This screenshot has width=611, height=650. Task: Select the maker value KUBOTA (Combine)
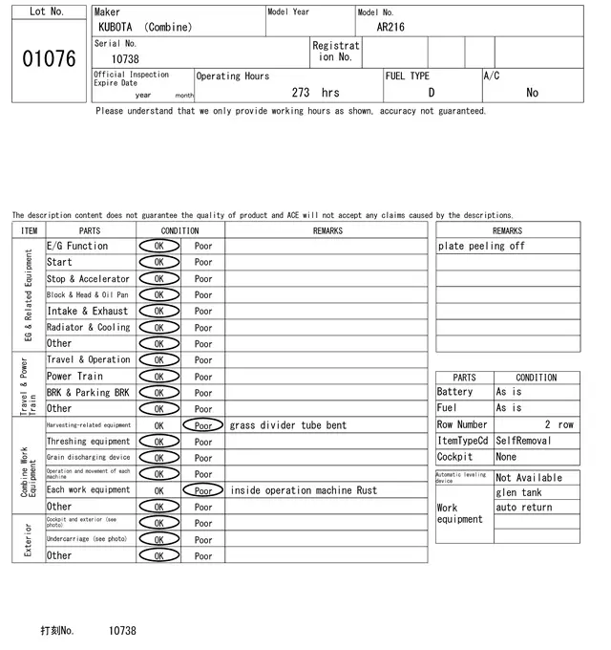coord(144,27)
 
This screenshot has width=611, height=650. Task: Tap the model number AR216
coord(390,27)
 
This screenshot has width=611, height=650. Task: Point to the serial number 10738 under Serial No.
coord(125,59)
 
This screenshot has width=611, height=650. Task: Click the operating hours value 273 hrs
coord(315,93)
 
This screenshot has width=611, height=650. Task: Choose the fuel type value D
coord(431,93)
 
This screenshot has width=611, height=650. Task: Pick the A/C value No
coord(532,93)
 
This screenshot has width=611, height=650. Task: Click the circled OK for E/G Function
coord(158,247)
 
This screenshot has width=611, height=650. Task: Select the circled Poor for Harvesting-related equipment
coord(203,425)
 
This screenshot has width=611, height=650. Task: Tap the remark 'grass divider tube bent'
coord(288,425)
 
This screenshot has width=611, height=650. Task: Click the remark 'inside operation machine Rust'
coord(304,490)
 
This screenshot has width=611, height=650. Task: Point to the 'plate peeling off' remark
coord(481,247)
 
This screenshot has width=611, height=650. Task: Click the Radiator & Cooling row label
coord(88,327)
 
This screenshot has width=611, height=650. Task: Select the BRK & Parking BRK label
coord(88,393)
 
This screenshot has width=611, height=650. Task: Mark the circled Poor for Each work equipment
coord(203,490)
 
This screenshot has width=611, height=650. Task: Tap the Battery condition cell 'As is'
coord(509,392)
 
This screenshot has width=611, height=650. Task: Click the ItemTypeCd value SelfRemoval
coord(524,441)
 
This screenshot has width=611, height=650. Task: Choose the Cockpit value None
coord(506,457)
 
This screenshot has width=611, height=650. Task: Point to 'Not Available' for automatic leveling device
coord(529,478)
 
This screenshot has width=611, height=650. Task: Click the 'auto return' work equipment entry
coord(524,507)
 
